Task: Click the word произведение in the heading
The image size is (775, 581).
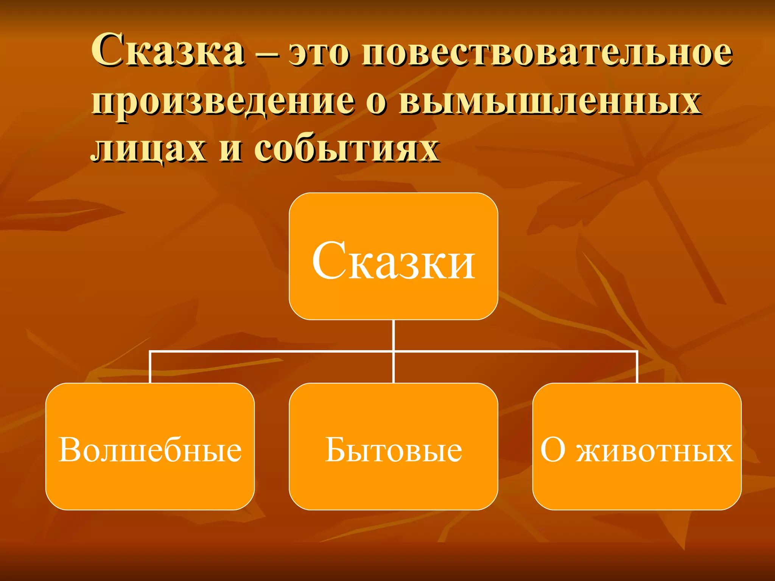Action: pos(223,103)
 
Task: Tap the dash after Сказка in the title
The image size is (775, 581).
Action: pos(267,54)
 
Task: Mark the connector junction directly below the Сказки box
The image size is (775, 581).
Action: pos(394,351)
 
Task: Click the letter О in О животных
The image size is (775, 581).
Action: pos(553,450)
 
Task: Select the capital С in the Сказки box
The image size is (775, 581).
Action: pos(328,261)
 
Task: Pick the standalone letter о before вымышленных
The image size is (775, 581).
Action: pos(376,103)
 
